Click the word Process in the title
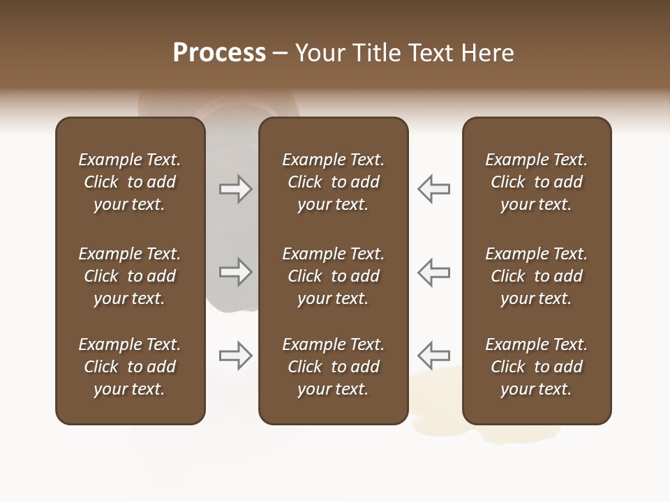pyautogui.click(x=219, y=53)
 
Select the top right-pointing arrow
pyautogui.click(x=236, y=189)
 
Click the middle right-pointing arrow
pyautogui.click(x=236, y=272)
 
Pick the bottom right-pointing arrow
pyautogui.click(x=236, y=356)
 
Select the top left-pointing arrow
pyautogui.click(x=433, y=189)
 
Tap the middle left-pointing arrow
pyautogui.click(x=433, y=272)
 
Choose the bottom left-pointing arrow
pyautogui.click(x=433, y=356)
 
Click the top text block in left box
pyautogui.click(x=130, y=182)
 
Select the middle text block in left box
pyautogui.click(x=130, y=276)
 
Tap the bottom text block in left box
pyautogui.click(x=130, y=367)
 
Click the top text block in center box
pyautogui.click(x=333, y=182)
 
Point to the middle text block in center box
pyautogui.click(x=333, y=276)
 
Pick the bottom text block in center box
pyautogui.click(x=333, y=367)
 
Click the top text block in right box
pyautogui.click(x=536, y=182)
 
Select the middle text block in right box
pyautogui.click(x=536, y=276)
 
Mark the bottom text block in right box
pyautogui.click(x=536, y=367)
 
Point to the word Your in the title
pyautogui.click(x=318, y=53)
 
